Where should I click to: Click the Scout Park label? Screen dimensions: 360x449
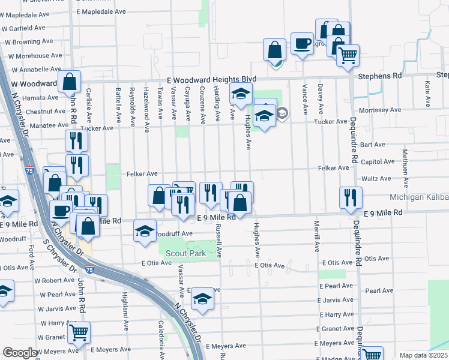coord(186,253)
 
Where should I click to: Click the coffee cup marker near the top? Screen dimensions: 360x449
coord(301,43)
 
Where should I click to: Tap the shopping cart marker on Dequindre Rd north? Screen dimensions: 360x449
coord(347,56)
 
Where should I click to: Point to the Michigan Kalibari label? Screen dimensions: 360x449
coord(419,197)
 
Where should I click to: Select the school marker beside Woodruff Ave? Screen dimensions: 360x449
coord(145,231)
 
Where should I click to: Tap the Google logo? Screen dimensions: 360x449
coord(20,353)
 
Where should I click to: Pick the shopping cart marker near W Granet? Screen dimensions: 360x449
coord(79,332)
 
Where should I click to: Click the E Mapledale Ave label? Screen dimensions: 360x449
coord(101,11)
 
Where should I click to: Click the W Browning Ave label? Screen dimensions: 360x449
coord(29,43)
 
